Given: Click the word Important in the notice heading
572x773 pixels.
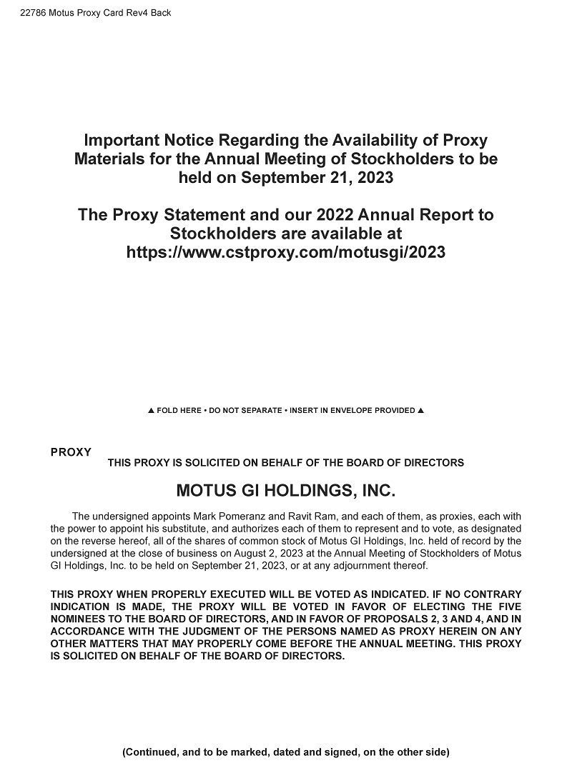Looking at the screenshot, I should pyautogui.click(x=123, y=140).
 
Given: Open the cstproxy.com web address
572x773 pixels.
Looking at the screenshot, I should pyautogui.click(x=285, y=252).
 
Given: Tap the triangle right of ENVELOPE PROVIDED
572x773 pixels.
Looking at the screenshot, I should pyautogui.click(x=420, y=411).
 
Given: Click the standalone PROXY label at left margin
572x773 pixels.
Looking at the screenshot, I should pyautogui.click(x=71, y=452).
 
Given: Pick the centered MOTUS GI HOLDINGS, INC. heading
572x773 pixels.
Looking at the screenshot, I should pyautogui.click(x=285, y=492).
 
